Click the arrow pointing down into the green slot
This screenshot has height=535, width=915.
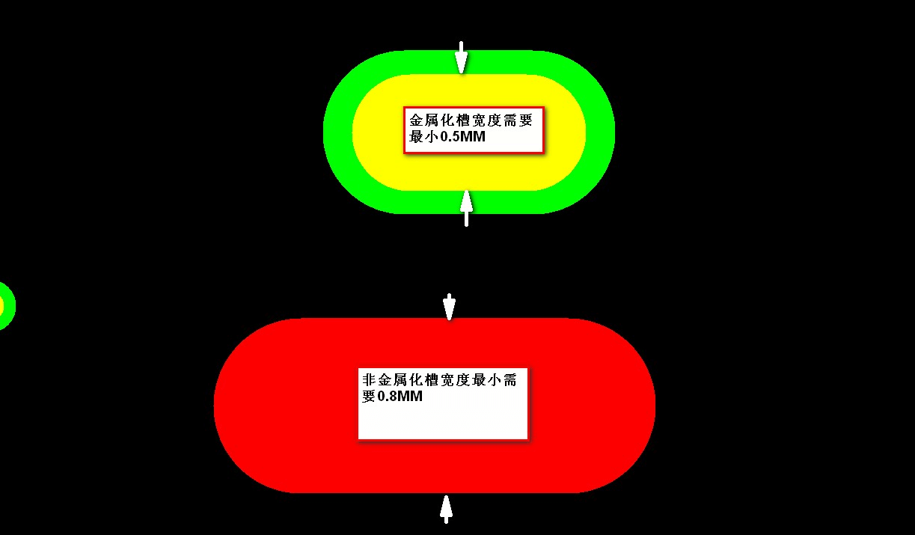(x=462, y=58)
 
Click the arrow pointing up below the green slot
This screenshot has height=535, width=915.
(x=467, y=207)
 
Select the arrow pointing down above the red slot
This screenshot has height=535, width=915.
(x=449, y=307)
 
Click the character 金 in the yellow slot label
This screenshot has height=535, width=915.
(x=417, y=121)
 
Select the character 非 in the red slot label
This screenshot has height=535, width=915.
(x=369, y=380)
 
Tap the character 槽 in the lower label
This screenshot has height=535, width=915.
(x=435, y=380)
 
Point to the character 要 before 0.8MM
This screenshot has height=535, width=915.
(x=368, y=397)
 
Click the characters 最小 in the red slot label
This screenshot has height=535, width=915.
(x=492, y=380)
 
